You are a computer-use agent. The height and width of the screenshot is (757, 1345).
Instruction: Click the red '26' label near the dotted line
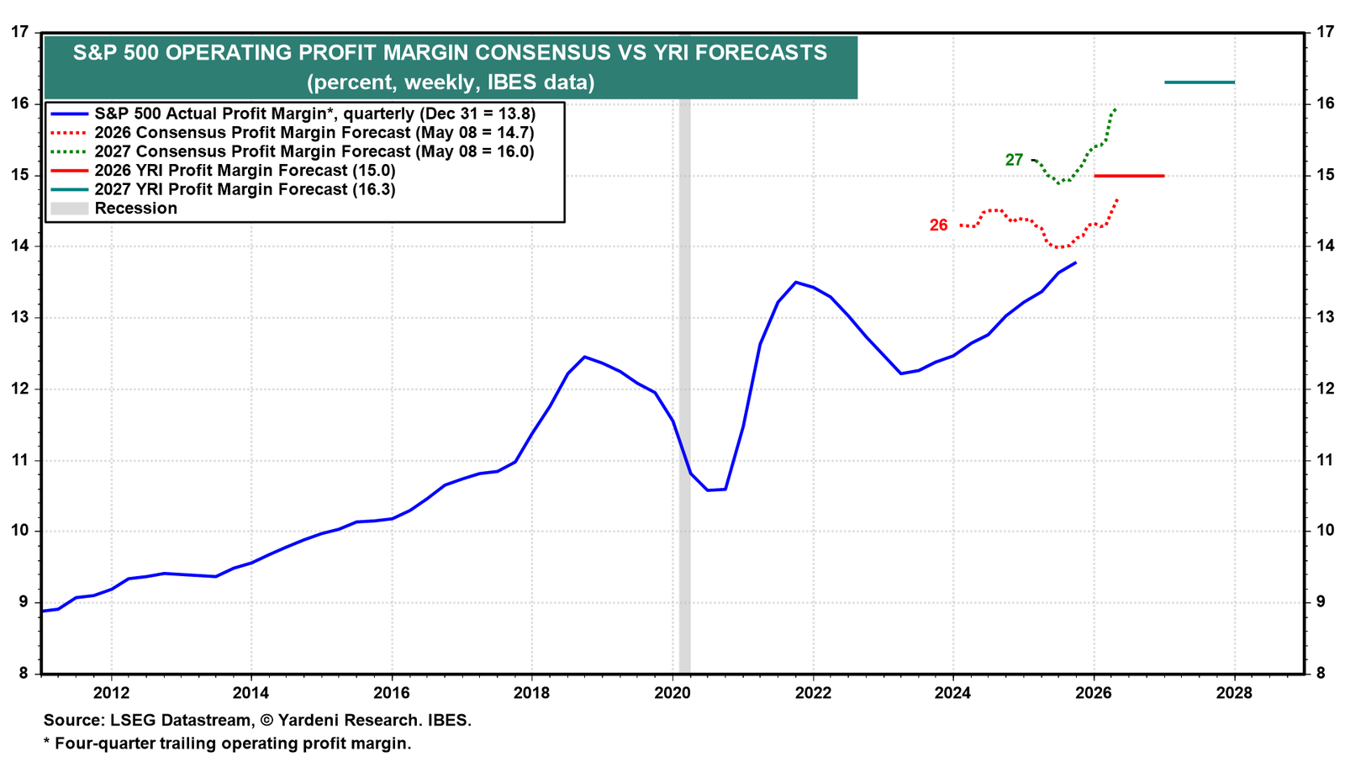coord(938,225)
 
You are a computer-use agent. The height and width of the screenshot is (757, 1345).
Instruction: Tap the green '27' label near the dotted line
coord(1014,161)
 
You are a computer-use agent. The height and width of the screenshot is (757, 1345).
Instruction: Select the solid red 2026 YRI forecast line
coord(1129,176)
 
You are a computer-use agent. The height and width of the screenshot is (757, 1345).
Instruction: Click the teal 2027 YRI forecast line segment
coord(1199,82)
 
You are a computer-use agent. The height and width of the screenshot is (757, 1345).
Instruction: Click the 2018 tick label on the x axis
coord(531,693)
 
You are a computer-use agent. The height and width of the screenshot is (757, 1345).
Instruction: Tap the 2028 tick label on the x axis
coord(1234,693)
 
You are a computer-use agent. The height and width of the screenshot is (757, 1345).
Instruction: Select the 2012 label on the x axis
coord(111,693)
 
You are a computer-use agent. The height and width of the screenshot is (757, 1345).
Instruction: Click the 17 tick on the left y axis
coord(19,32)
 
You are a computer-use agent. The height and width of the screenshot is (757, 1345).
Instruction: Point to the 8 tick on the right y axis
coord(1321,674)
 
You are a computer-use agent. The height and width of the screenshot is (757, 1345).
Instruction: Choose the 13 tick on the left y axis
coord(19,317)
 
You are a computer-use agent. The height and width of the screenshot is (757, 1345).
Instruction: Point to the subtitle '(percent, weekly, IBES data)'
coord(451,82)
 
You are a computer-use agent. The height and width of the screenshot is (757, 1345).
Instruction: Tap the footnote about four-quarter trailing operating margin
coord(228,744)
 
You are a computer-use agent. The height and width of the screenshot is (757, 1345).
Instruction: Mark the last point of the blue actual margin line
coord(1076,262)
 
